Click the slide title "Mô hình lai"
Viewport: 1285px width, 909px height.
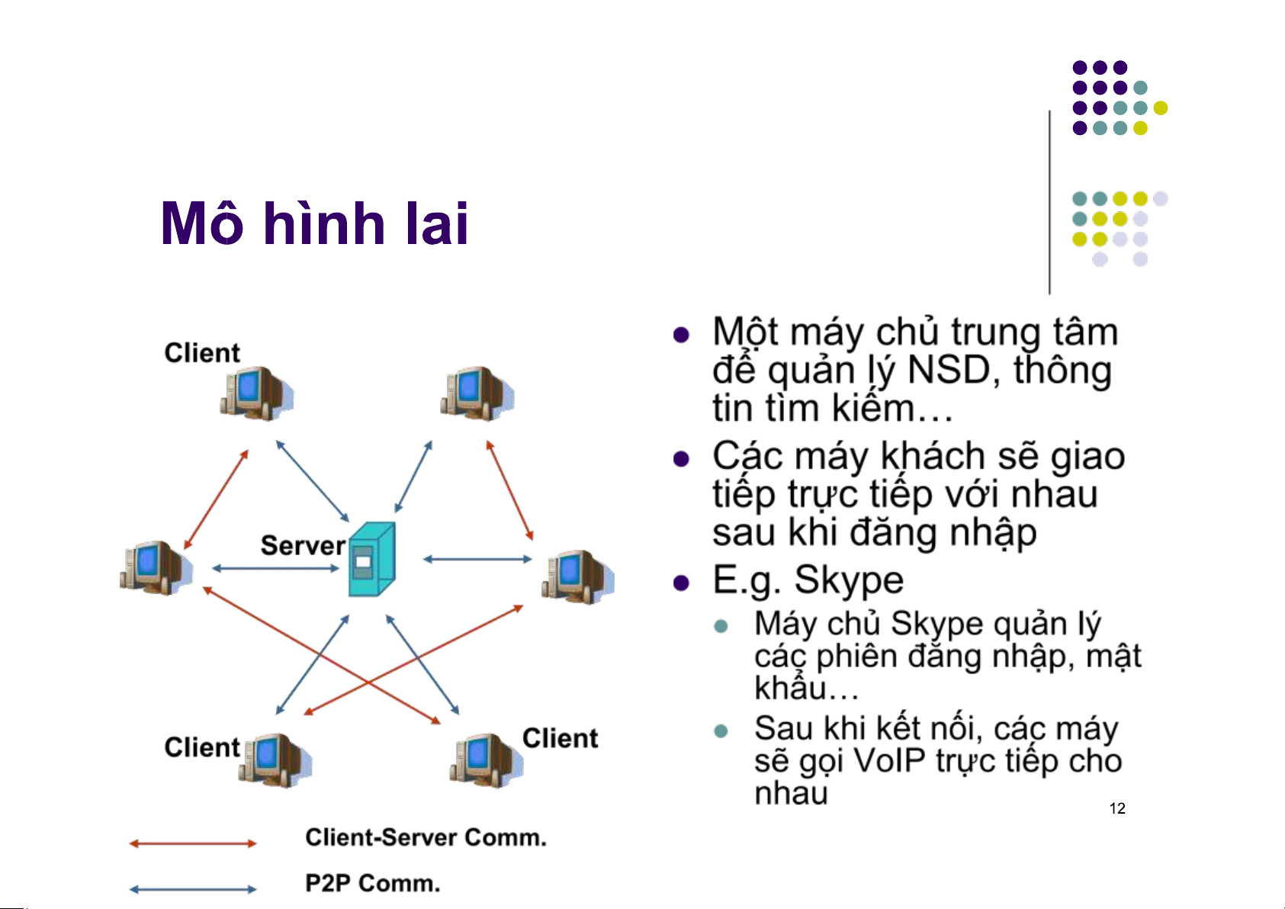(x=314, y=224)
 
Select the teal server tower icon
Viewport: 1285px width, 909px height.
(x=371, y=560)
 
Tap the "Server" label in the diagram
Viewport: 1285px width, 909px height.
(x=303, y=546)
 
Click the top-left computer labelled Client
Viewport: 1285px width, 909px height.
(x=255, y=393)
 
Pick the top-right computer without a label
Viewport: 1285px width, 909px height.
(x=476, y=393)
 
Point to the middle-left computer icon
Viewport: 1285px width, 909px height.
(x=156, y=568)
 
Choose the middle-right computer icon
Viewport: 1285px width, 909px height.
(x=577, y=577)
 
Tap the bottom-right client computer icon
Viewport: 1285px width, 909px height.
(x=486, y=760)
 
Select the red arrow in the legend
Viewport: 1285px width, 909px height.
(x=193, y=843)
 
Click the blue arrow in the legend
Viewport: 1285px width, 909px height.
(x=193, y=889)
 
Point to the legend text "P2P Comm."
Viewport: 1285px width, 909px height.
(x=373, y=883)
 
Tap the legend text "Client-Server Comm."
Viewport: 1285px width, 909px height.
(x=426, y=837)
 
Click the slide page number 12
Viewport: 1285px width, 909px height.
(x=1117, y=809)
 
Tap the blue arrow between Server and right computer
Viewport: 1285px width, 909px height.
(x=477, y=559)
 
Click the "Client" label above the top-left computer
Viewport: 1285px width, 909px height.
(x=202, y=353)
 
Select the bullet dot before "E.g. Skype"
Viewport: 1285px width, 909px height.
(x=681, y=583)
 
